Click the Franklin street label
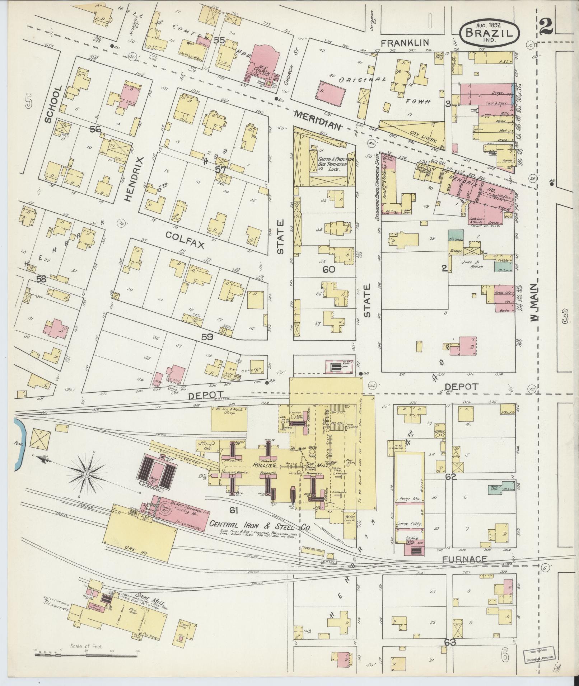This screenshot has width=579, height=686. click(405, 43)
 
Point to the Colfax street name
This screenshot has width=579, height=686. click(185, 240)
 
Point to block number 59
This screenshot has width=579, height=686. click(207, 337)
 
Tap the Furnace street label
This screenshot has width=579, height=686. click(464, 559)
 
